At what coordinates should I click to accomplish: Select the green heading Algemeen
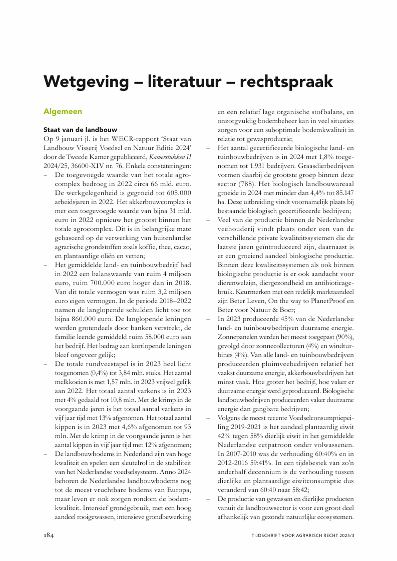[63, 111]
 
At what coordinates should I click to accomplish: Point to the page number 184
[48, 535]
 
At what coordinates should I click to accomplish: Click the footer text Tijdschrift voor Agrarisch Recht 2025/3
[303, 535]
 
